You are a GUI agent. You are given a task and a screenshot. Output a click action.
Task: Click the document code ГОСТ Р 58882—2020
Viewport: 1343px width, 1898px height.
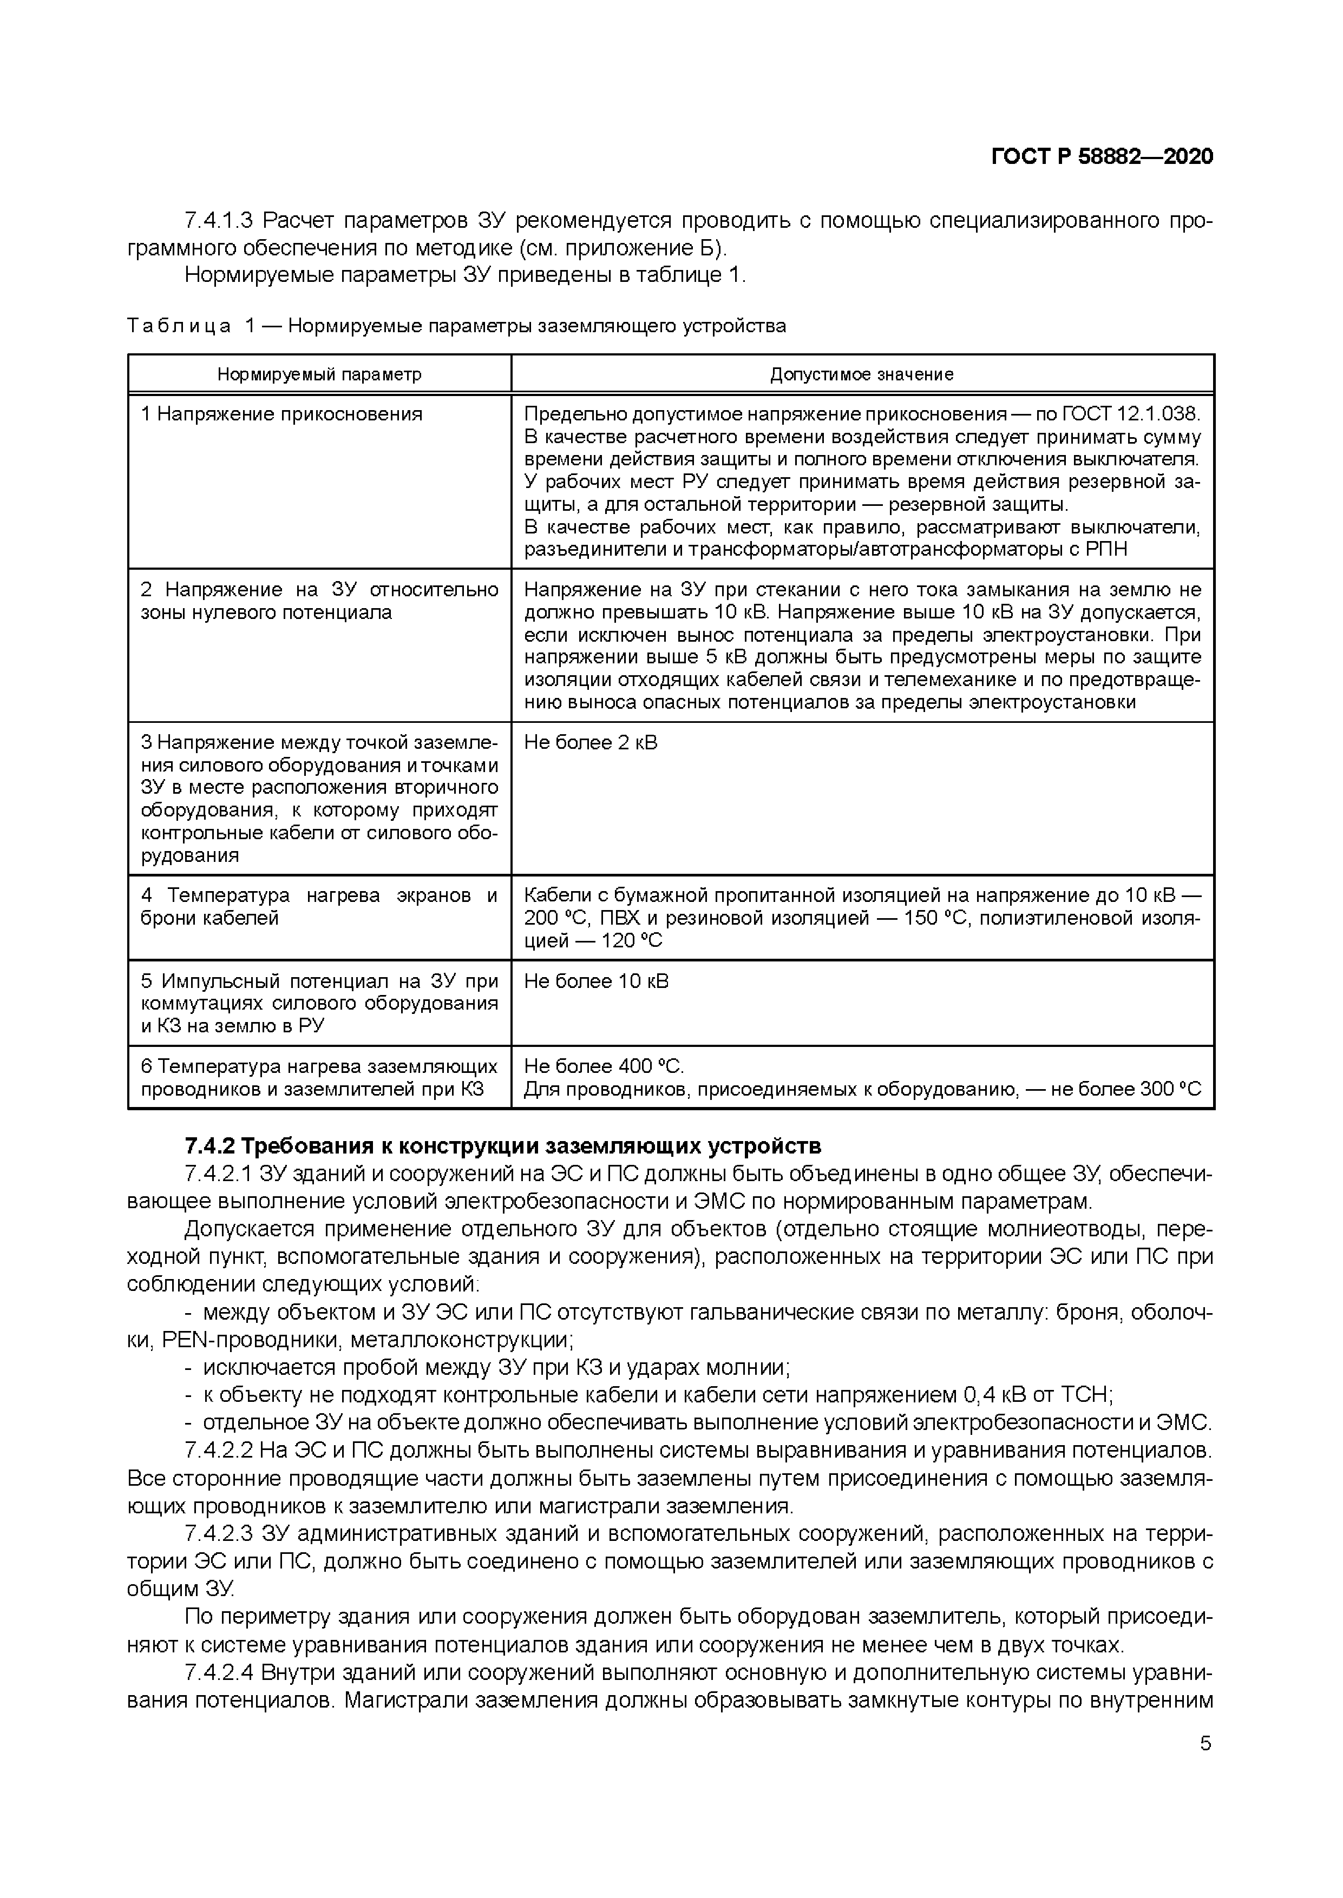[1102, 157]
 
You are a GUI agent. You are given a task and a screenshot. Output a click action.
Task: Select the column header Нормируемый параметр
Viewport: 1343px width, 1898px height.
[319, 374]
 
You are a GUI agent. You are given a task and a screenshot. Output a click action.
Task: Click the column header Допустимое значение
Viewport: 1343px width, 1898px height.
[862, 374]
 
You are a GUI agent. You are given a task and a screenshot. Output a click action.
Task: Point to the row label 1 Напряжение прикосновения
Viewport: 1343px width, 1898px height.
[281, 414]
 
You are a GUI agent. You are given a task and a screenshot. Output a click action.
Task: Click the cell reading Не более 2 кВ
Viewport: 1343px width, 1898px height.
[591, 742]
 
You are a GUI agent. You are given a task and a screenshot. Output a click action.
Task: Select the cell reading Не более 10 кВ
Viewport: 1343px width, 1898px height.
[595, 981]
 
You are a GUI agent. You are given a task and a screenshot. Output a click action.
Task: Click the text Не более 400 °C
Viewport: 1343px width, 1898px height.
[604, 1066]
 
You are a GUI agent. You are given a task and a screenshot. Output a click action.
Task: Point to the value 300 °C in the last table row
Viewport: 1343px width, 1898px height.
[1169, 1090]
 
